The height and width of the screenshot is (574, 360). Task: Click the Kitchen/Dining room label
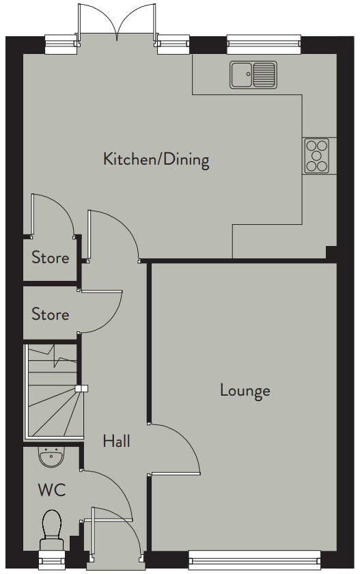point(156,160)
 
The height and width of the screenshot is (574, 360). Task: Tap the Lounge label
point(245,391)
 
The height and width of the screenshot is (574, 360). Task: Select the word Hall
point(116,441)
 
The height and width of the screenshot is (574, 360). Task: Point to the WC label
point(52,490)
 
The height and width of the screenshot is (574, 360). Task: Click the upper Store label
point(50,258)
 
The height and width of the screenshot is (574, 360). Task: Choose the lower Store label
point(50,314)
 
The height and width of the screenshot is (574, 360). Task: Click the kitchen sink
point(253,75)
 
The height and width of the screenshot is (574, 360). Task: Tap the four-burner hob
point(316,156)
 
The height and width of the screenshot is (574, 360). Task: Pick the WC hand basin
point(52,457)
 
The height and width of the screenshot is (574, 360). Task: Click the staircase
point(55,391)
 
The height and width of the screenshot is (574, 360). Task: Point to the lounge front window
point(255,558)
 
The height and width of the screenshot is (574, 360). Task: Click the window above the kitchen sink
point(264,44)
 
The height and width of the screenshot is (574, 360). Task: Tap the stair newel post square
point(81,389)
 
